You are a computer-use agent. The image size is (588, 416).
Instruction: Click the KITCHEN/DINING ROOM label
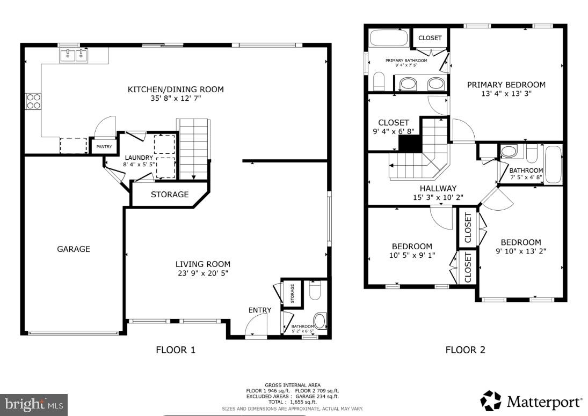pos(175,90)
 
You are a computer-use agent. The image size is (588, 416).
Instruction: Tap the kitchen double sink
pos(74,55)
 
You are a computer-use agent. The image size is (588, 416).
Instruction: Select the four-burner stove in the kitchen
pos(33,101)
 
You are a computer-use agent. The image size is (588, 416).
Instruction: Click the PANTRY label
pos(104,146)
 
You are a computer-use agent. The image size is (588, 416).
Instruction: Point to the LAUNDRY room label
pos(139,158)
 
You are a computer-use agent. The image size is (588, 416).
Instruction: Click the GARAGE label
pos(74,249)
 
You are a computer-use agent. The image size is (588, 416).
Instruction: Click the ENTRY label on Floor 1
pos(259,310)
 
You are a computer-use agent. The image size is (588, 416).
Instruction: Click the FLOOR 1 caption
pos(176,350)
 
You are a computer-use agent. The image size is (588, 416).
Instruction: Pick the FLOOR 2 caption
pos(465,350)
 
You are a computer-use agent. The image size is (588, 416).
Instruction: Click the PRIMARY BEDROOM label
pos(506,85)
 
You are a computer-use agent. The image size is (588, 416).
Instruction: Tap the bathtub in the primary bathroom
pos(389,39)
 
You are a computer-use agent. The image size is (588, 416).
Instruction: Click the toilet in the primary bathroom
pos(379,82)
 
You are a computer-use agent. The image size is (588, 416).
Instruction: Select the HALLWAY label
pos(438,188)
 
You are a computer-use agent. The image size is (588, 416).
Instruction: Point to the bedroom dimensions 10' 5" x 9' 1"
pos(412,256)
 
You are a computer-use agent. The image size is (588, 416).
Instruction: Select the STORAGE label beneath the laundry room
pos(169,195)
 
